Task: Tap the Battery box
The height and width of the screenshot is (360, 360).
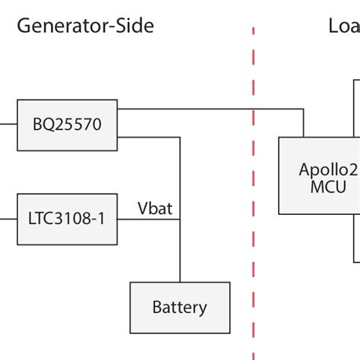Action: (x=179, y=308)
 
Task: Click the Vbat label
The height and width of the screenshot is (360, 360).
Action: (x=154, y=207)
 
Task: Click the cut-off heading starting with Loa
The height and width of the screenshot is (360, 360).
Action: (x=343, y=27)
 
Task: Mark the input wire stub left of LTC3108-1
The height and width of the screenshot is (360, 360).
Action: (x=8, y=219)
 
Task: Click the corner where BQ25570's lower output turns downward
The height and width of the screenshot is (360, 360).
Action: (x=180, y=137)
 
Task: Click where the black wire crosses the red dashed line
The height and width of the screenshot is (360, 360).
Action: (x=253, y=109)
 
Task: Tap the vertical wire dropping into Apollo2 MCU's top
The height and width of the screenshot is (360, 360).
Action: (x=304, y=123)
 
